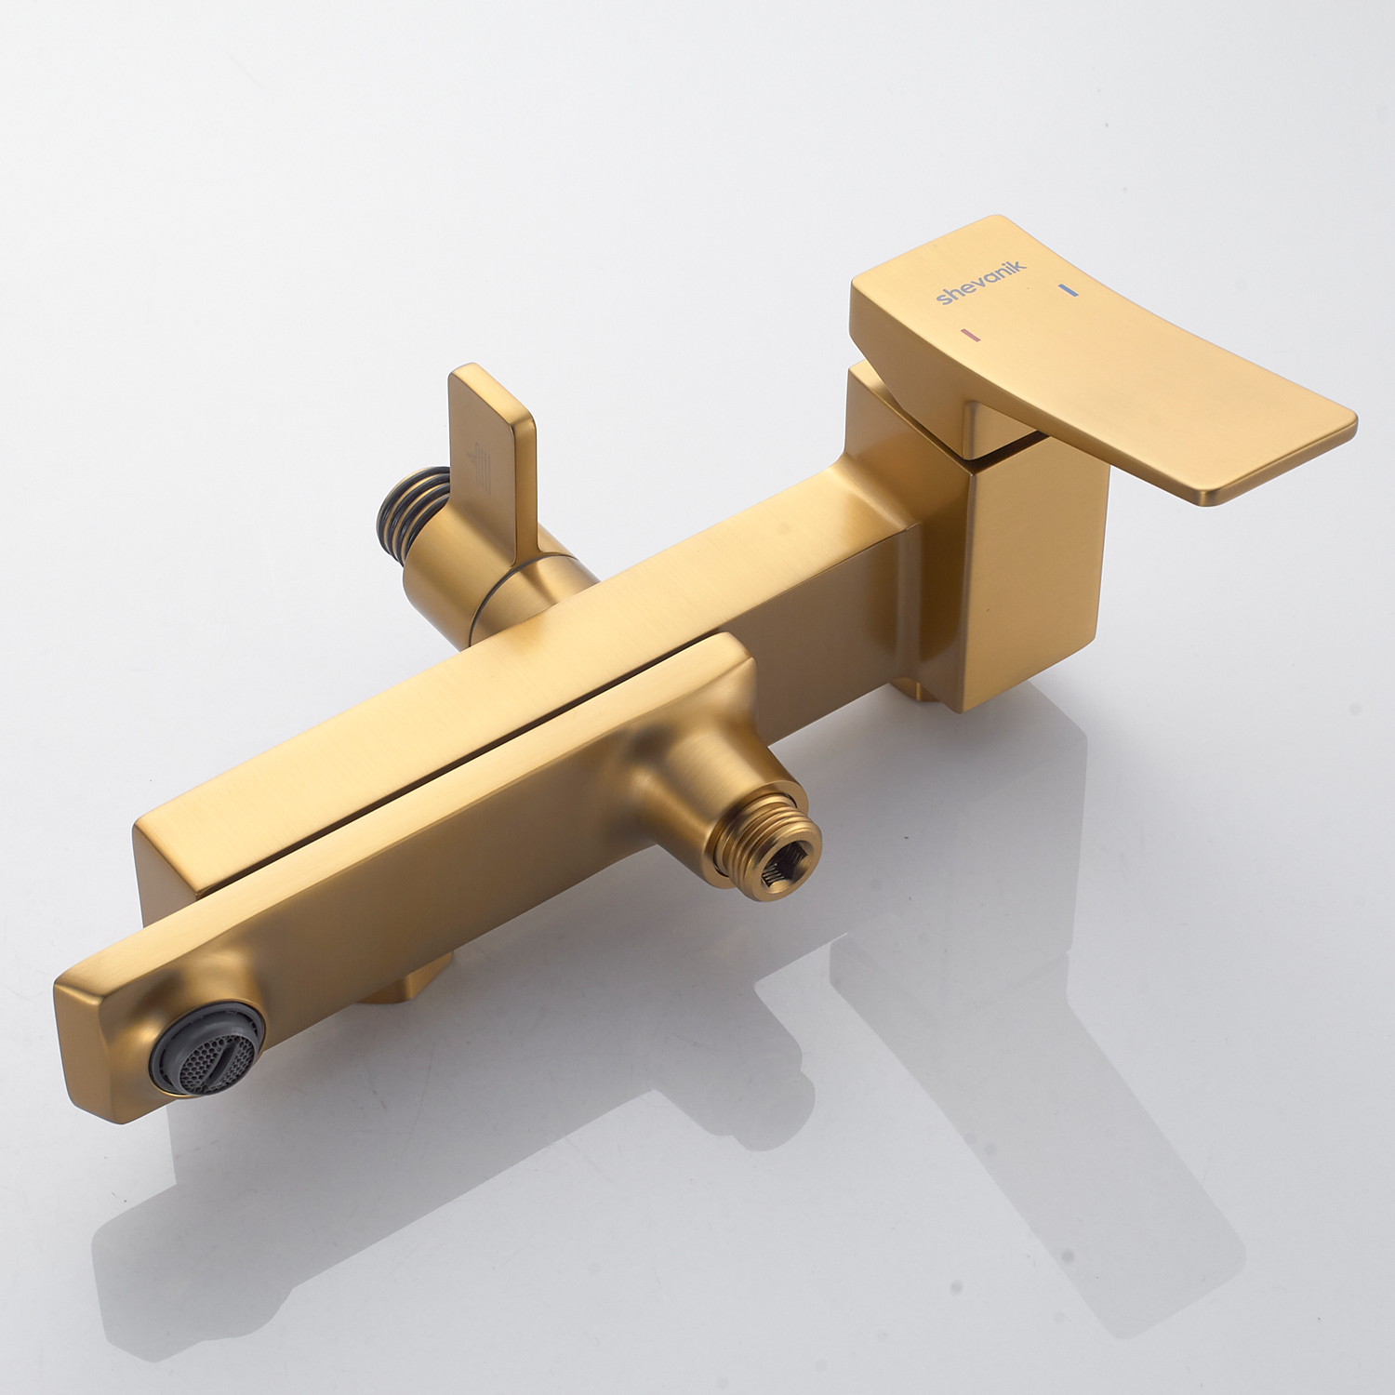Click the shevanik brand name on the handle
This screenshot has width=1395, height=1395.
pyautogui.click(x=981, y=283)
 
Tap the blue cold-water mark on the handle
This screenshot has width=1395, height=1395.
pyautogui.click(x=1068, y=290)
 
